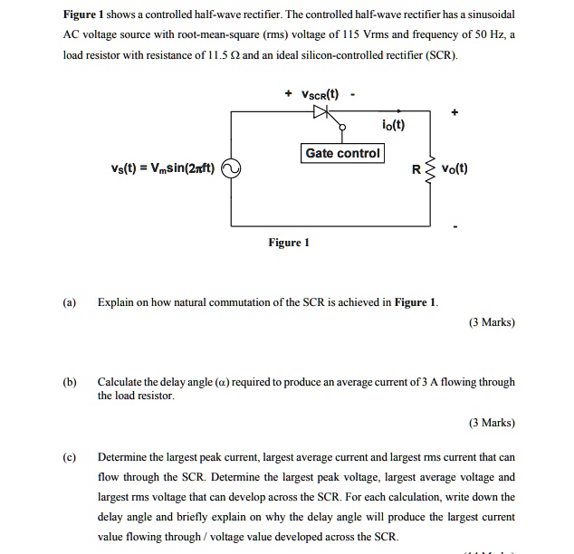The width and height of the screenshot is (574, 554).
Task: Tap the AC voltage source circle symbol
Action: coord(231,168)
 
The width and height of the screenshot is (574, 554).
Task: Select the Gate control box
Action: coord(342,153)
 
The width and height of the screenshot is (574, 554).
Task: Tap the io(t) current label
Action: coord(393,125)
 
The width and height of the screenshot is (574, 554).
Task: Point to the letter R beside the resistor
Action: coord(416,169)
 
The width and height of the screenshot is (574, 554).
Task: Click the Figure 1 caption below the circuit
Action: coord(289,243)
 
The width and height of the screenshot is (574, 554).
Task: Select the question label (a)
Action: coord(70,301)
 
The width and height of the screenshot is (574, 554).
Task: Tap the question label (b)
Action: coord(70,382)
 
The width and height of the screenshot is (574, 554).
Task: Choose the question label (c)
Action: coord(70,456)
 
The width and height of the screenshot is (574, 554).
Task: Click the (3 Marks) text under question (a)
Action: coord(492,322)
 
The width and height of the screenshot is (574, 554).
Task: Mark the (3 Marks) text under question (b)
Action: coord(492,423)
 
